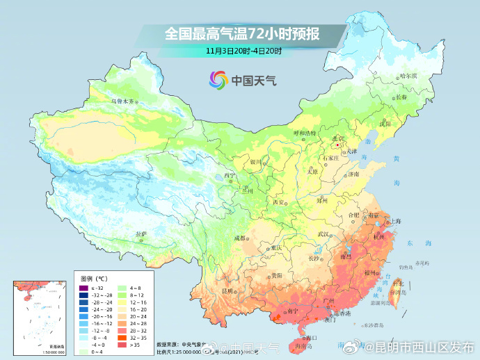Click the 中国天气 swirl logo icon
click(218, 80)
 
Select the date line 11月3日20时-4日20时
click(243, 51)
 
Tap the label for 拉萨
click(141, 234)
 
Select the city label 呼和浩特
click(304, 133)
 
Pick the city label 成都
click(240, 238)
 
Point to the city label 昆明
click(227, 290)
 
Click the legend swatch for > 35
click(122, 343)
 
